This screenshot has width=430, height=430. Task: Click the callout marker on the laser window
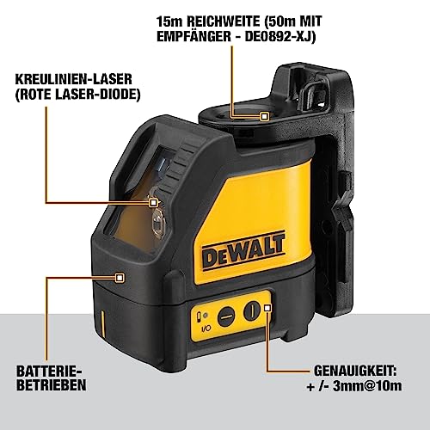[x=153, y=203]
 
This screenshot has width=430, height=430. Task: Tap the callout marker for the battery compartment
[x=119, y=277]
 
